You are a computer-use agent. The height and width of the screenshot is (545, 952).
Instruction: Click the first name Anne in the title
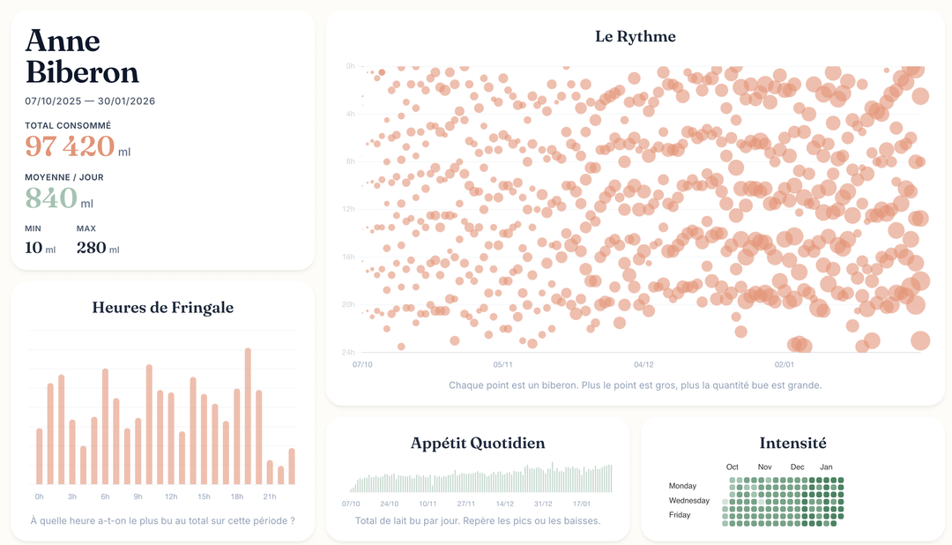click(x=63, y=41)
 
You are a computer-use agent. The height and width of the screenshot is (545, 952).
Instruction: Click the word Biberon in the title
click(x=82, y=72)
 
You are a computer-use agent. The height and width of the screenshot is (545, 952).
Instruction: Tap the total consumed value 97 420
click(x=70, y=146)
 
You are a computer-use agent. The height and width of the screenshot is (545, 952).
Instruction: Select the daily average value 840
click(x=51, y=198)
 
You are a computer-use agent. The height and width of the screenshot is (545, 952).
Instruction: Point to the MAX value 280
click(x=92, y=247)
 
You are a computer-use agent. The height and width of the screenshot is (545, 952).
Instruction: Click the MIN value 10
click(x=33, y=247)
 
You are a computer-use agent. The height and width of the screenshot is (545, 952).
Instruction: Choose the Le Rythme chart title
click(x=635, y=36)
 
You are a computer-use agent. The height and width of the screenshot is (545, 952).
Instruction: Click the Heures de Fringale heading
click(x=163, y=308)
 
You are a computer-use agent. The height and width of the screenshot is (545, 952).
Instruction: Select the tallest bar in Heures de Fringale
click(x=248, y=415)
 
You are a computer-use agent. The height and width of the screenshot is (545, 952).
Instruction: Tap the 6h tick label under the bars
click(x=105, y=497)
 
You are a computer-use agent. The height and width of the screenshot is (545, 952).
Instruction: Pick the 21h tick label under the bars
click(x=270, y=497)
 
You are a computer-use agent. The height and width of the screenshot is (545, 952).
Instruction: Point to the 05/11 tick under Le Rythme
click(x=502, y=364)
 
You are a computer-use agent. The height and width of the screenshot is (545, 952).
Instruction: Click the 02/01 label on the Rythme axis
click(x=784, y=364)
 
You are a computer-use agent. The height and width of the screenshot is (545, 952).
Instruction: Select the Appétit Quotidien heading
click(x=478, y=443)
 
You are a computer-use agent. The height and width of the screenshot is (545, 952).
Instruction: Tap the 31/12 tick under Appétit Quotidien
click(x=542, y=504)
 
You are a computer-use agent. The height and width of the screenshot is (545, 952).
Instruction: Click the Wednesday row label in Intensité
click(x=688, y=500)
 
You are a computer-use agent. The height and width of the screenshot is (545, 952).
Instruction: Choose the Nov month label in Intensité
click(x=764, y=467)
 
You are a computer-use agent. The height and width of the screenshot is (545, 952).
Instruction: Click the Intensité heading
click(x=792, y=443)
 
